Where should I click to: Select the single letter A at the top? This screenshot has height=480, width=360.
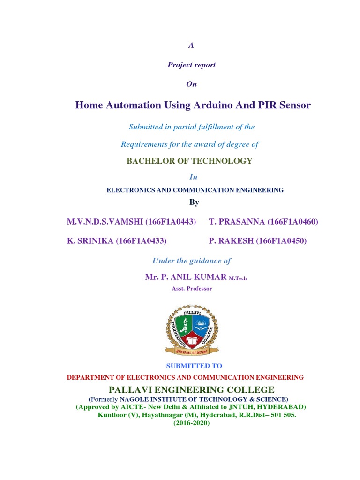click(x=191, y=45)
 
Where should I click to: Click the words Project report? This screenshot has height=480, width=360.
click(x=191, y=65)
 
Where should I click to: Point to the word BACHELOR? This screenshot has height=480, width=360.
click(x=150, y=161)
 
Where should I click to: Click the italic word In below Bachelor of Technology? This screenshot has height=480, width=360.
click(x=193, y=177)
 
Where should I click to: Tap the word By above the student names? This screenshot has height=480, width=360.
click(x=194, y=202)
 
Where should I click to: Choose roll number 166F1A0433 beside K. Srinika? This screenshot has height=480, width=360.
click(x=142, y=241)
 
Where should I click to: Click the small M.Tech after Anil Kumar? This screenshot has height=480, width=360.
click(x=238, y=278)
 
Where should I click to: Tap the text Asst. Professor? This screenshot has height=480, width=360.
click(x=193, y=288)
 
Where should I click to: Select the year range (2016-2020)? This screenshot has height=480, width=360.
click(x=191, y=423)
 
